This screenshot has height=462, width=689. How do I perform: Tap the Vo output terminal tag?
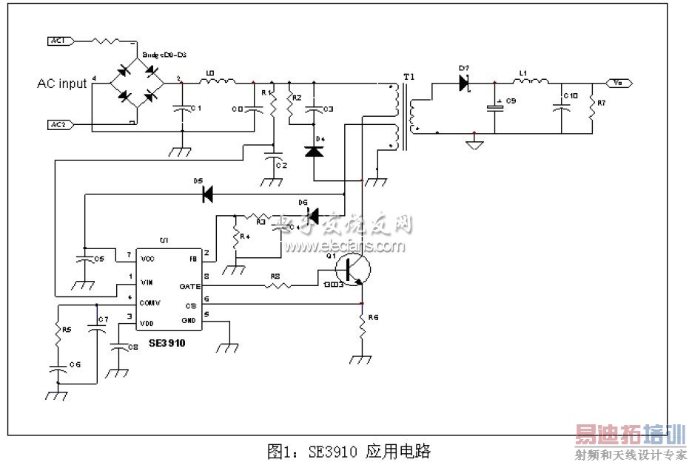pyautogui.click(x=619, y=84)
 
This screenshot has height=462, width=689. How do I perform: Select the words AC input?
pyautogui.click(x=62, y=84)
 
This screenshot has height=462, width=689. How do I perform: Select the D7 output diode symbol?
pyautogui.click(x=464, y=84)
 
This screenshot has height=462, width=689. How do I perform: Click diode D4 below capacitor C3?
pyautogui.click(x=314, y=151)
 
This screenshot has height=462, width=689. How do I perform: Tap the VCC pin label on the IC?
pyautogui.click(x=147, y=259)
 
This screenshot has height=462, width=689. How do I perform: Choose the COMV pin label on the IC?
pyautogui.click(x=149, y=302)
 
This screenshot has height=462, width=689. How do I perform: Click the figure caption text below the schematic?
pyautogui.click(x=349, y=450)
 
